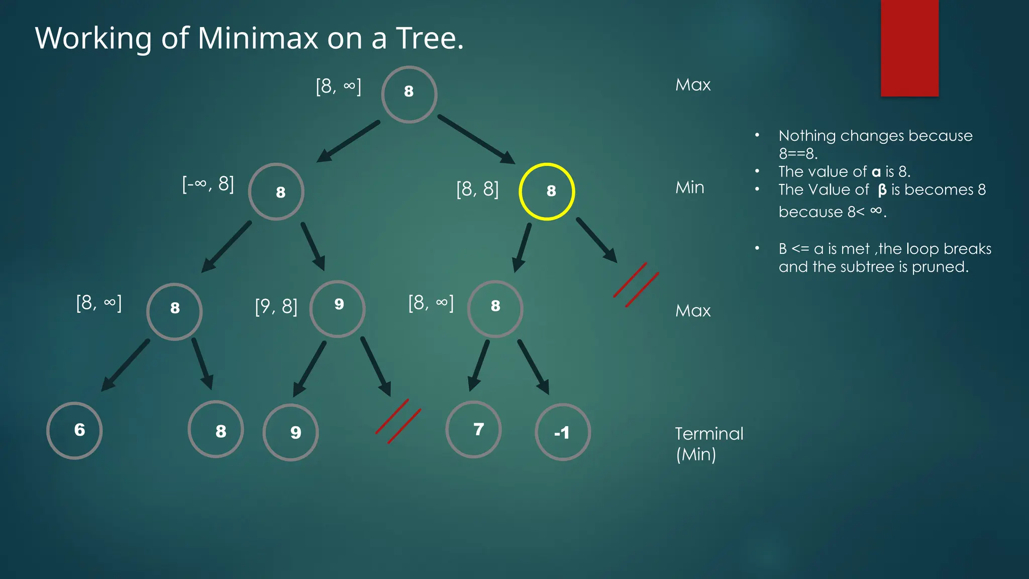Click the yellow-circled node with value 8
pos(547,191)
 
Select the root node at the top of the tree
pos(409,94)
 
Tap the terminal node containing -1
pos(563,432)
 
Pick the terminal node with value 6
pos(74,431)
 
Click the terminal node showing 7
pos(473,430)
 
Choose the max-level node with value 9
pos(337,309)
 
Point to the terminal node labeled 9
pos(290,432)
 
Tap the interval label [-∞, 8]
pos(208,184)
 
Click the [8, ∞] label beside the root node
pos(338,86)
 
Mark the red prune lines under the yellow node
pos(636,284)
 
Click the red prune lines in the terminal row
pos(398,421)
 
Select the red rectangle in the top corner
pos(909,48)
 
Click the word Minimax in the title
pos(258,38)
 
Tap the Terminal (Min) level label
pos(708,444)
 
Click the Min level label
pos(689,187)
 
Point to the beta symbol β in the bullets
pos(882,190)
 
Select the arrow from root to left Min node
pos(348,141)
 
